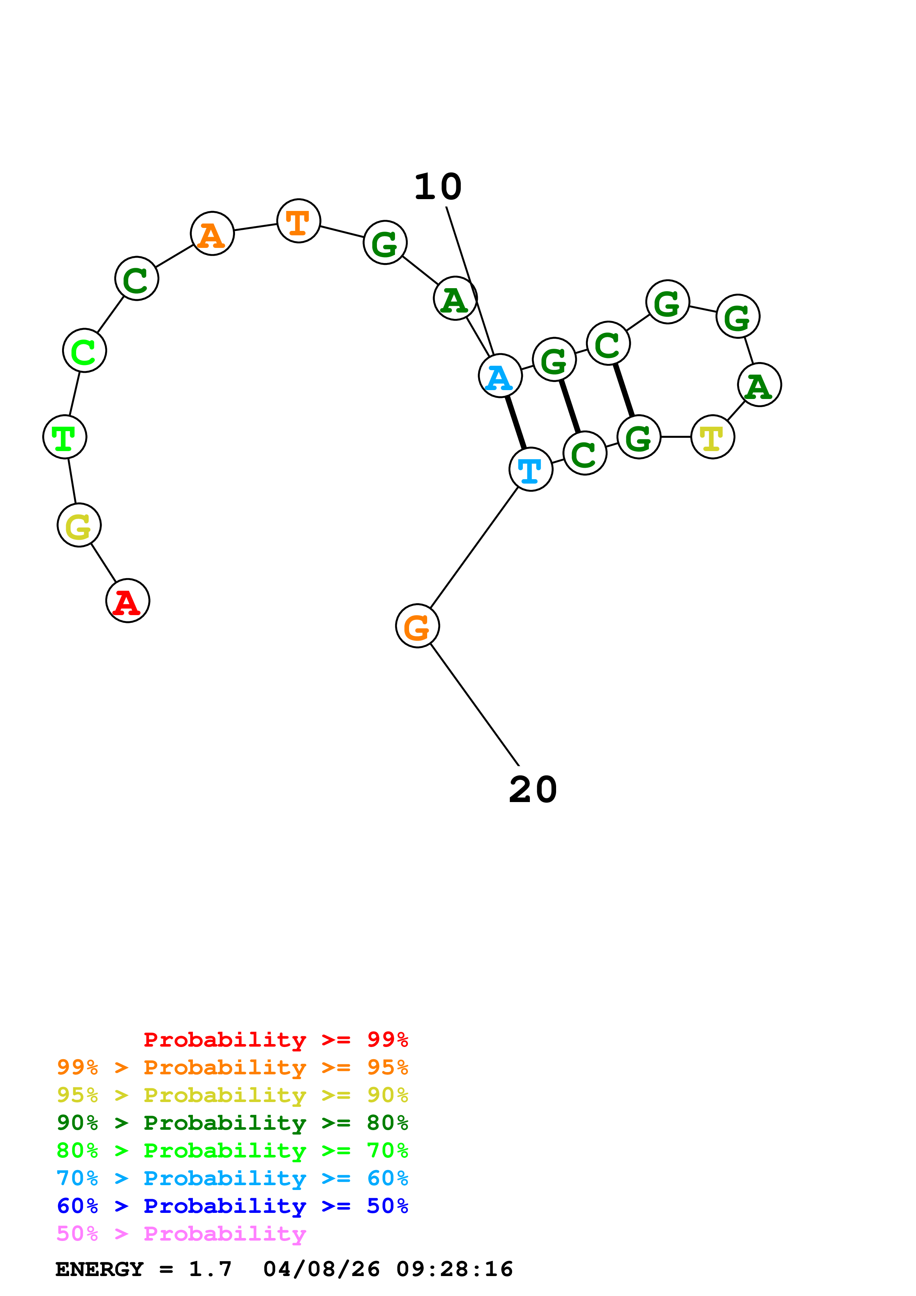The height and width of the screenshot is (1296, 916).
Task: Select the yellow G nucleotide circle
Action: tap(79, 525)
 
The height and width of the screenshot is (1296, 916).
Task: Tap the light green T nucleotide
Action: tap(65, 437)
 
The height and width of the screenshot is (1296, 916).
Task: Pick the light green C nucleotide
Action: tap(85, 351)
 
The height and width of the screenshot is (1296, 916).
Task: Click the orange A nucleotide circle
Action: tap(212, 234)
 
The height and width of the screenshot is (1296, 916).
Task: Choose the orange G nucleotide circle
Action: tap(418, 626)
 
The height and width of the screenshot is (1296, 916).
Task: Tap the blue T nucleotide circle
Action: tap(531, 469)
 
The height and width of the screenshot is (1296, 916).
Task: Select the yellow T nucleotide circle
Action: tap(713, 437)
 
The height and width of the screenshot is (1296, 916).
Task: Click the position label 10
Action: tap(438, 187)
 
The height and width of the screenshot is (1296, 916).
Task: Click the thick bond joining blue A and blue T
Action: tap(516, 423)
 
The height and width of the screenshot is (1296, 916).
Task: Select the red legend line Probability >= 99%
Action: tap(276, 1040)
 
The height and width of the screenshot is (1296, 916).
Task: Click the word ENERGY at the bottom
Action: tap(99, 1269)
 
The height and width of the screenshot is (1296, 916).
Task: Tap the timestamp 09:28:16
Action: tap(455, 1269)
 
